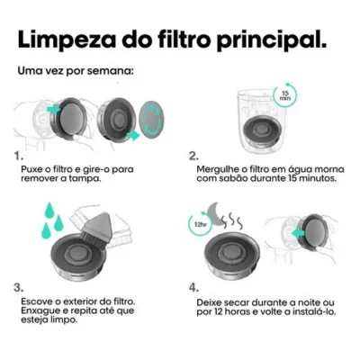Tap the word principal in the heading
(x=271, y=40)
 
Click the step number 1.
(x=19, y=156)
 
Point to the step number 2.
(x=193, y=156)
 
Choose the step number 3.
(x=18, y=287)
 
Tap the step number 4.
(x=193, y=287)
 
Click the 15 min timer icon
(x=285, y=95)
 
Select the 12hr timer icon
(x=200, y=223)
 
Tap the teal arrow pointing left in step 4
(x=298, y=232)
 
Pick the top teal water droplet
(x=49, y=210)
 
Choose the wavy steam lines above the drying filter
(x=232, y=220)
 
